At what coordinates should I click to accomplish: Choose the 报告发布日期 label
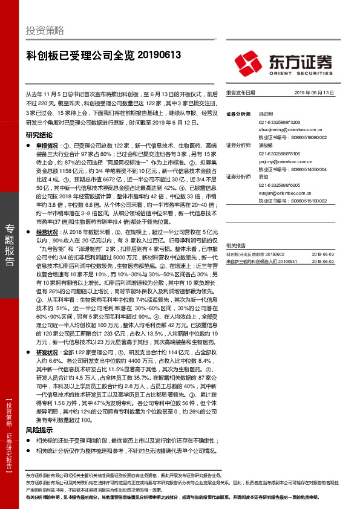pos(241,93)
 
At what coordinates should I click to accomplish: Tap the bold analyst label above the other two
pos(238,113)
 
